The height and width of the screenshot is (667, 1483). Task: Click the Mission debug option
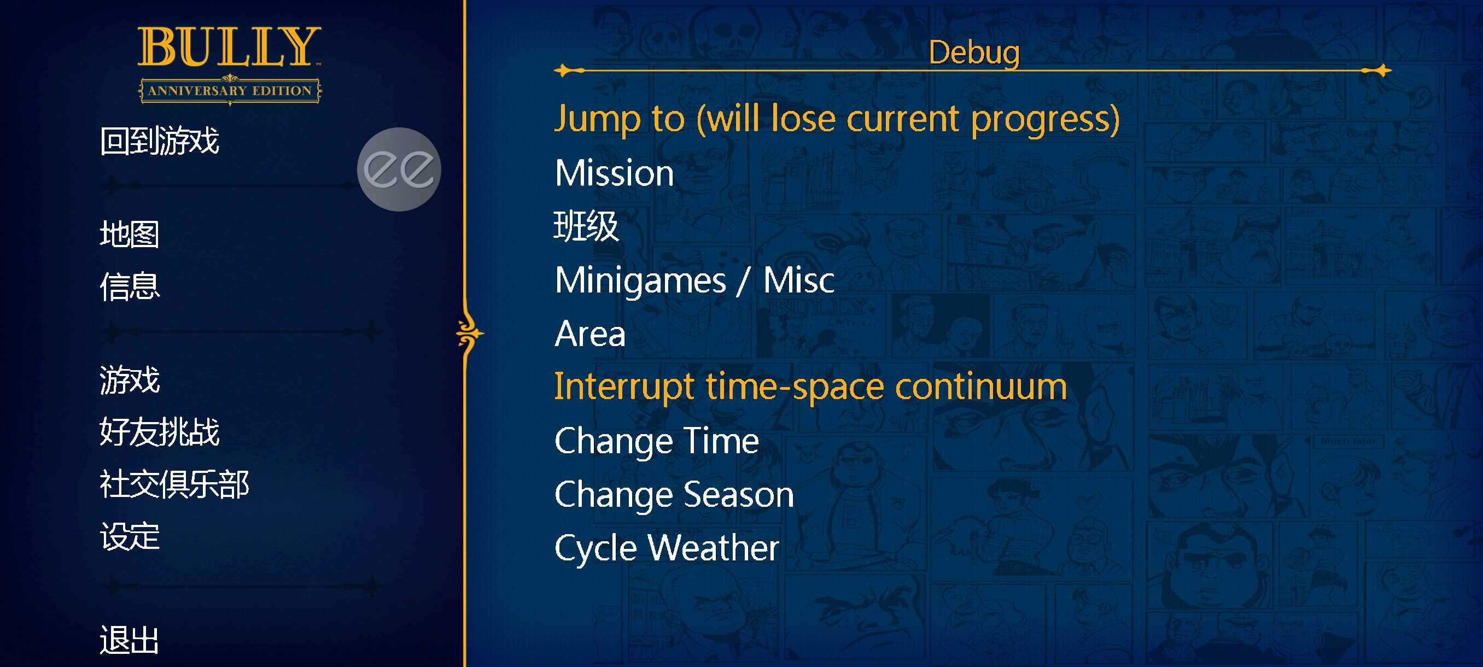(614, 173)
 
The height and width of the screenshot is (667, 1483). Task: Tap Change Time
(656, 441)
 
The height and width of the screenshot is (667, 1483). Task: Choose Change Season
(674, 495)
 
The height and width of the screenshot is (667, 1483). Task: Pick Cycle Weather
(666, 548)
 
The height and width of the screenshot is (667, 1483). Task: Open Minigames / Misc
(694, 280)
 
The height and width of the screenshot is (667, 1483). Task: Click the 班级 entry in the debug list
(586, 226)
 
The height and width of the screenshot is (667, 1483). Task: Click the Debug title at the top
(974, 53)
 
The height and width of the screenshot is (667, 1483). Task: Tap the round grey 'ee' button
(399, 169)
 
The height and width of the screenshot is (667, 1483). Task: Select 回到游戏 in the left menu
(160, 141)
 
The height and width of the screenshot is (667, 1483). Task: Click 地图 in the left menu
(130, 234)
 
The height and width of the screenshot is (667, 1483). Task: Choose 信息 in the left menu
(130, 286)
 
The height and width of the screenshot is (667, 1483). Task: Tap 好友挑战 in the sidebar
(160, 431)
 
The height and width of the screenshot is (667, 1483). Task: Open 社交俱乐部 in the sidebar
(174, 484)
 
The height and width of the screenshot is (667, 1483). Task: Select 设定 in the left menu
(130, 536)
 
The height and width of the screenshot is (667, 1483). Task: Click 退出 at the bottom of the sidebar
(130, 640)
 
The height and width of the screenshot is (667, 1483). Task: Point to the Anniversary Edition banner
(230, 90)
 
